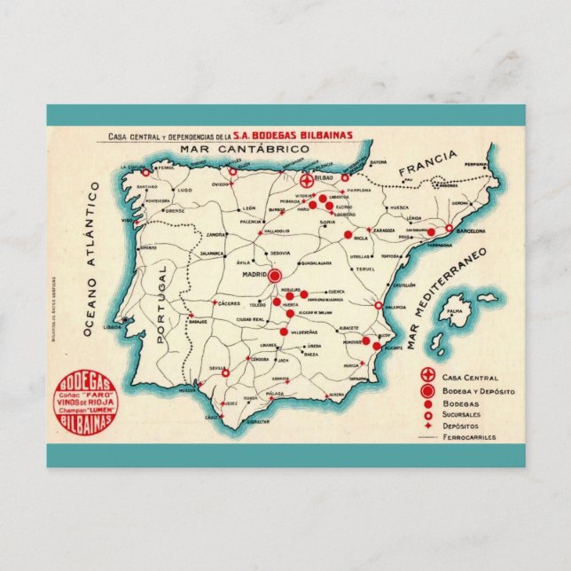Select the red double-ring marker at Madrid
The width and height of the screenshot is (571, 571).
(274, 276)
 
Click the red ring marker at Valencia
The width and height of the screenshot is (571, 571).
(379, 305)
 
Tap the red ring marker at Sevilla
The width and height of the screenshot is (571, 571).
(224, 373)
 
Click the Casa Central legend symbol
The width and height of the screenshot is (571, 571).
(428, 376)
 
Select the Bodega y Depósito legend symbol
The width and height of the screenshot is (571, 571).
(428, 390)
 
